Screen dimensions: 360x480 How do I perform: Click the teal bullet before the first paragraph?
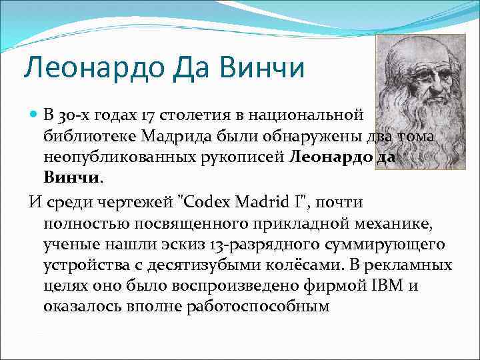tap(35, 115)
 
